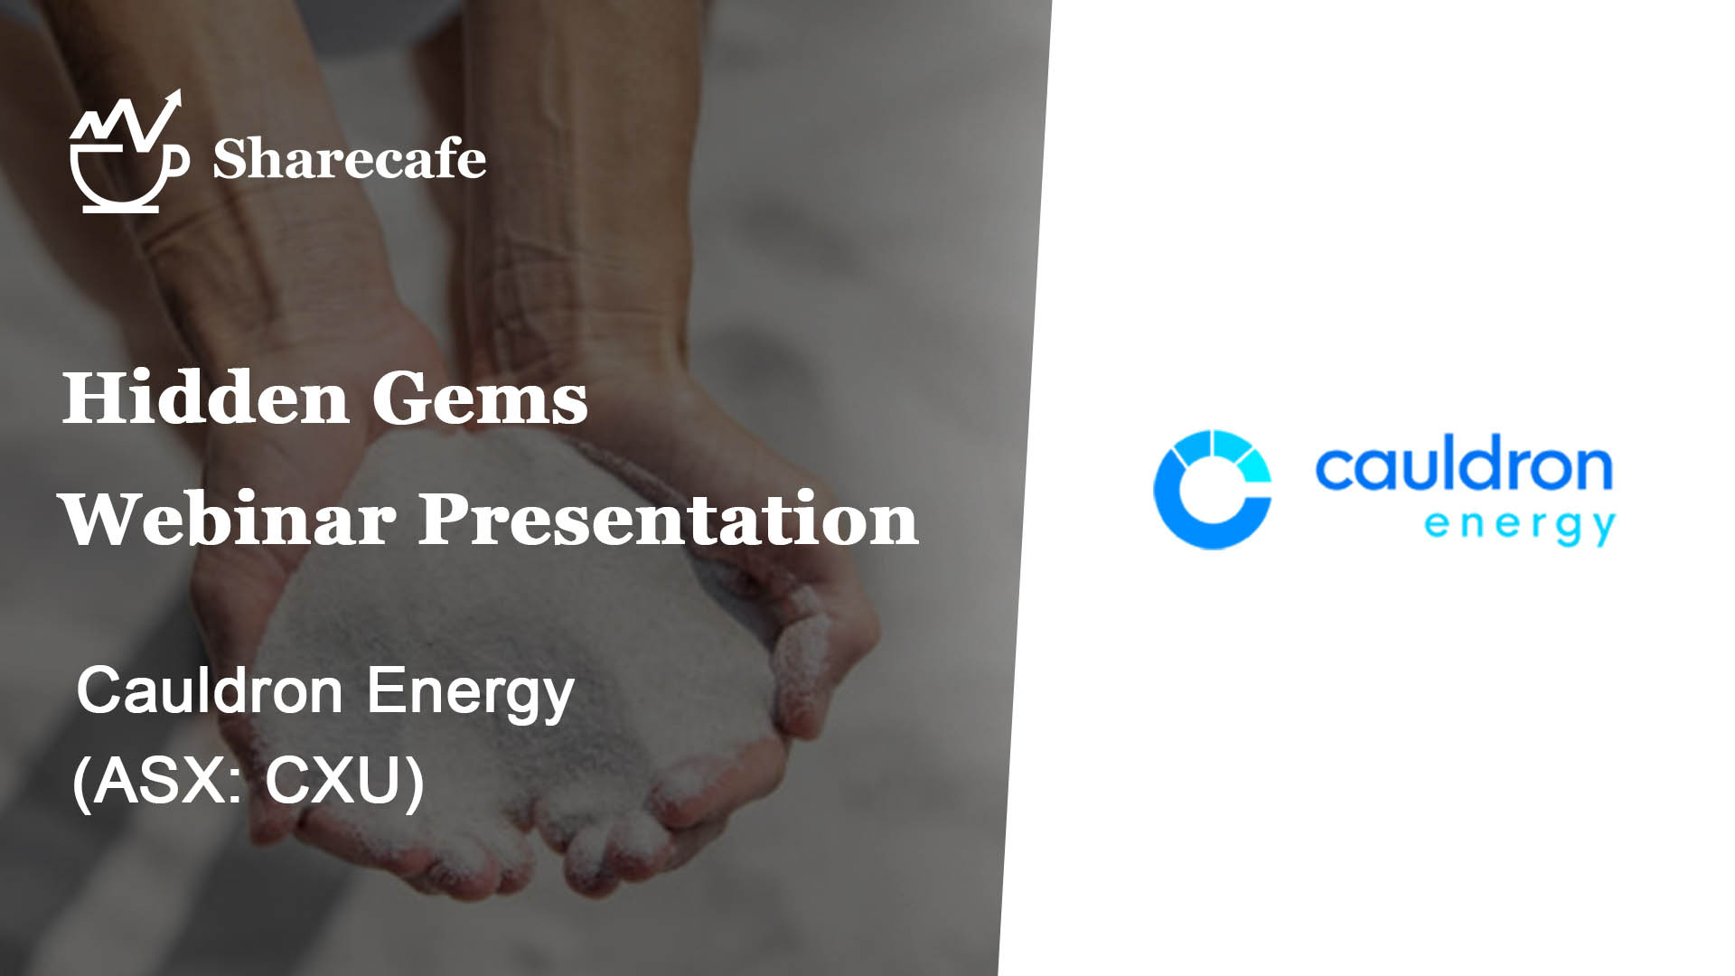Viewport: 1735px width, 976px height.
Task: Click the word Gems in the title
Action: pyautogui.click(x=479, y=398)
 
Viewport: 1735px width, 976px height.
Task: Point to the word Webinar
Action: pyautogui.click(x=229, y=519)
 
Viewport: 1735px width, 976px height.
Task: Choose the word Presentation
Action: pyautogui.click(x=669, y=519)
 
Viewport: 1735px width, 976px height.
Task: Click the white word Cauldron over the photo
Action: pyautogui.click(x=209, y=690)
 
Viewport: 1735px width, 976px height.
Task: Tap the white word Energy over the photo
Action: pyautogui.click(x=471, y=694)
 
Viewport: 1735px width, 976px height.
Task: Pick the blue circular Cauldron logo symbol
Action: pyautogui.click(x=1212, y=489)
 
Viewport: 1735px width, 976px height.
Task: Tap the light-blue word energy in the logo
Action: pyautogui.click(x=1520, y=526)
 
